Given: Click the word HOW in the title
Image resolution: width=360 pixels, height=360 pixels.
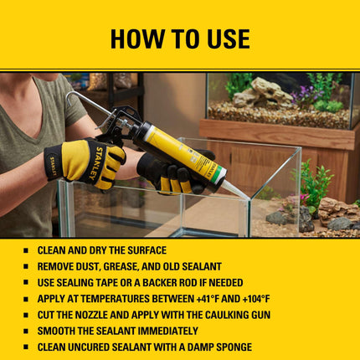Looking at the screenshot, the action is tap(136, 39).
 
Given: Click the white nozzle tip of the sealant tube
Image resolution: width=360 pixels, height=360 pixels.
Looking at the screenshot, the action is tap(237, 190).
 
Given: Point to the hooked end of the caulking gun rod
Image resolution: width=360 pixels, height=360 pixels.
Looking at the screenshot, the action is tap(69, 98).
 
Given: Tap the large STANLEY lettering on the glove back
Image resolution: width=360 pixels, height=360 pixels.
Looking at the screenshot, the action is tap(95, 163).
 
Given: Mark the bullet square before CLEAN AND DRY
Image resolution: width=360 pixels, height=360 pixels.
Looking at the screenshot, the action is tap(26, 250).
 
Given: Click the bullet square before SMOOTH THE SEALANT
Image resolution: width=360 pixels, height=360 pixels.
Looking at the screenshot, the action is tap(26, 332).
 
